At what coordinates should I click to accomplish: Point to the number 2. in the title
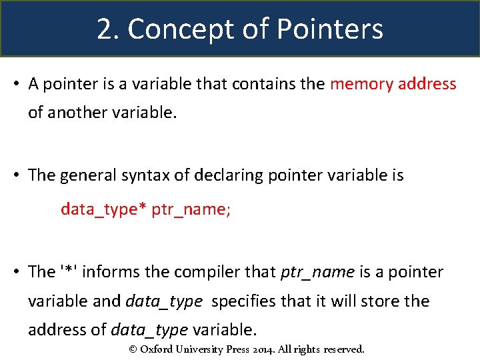click(x=109, y=29)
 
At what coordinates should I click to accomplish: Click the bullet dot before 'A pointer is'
click(x=16, y=85)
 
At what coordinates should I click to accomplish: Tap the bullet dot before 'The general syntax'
click(x=16, y=175)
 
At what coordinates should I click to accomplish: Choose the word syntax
click(x=148, y=175)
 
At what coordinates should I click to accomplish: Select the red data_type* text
click(x=103, y=209)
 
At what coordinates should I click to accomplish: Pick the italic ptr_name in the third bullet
click(x=317, y=272)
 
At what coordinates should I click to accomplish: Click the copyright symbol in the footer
click(x=132, y=349)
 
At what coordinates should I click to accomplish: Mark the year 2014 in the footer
click(x=278, y=349)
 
